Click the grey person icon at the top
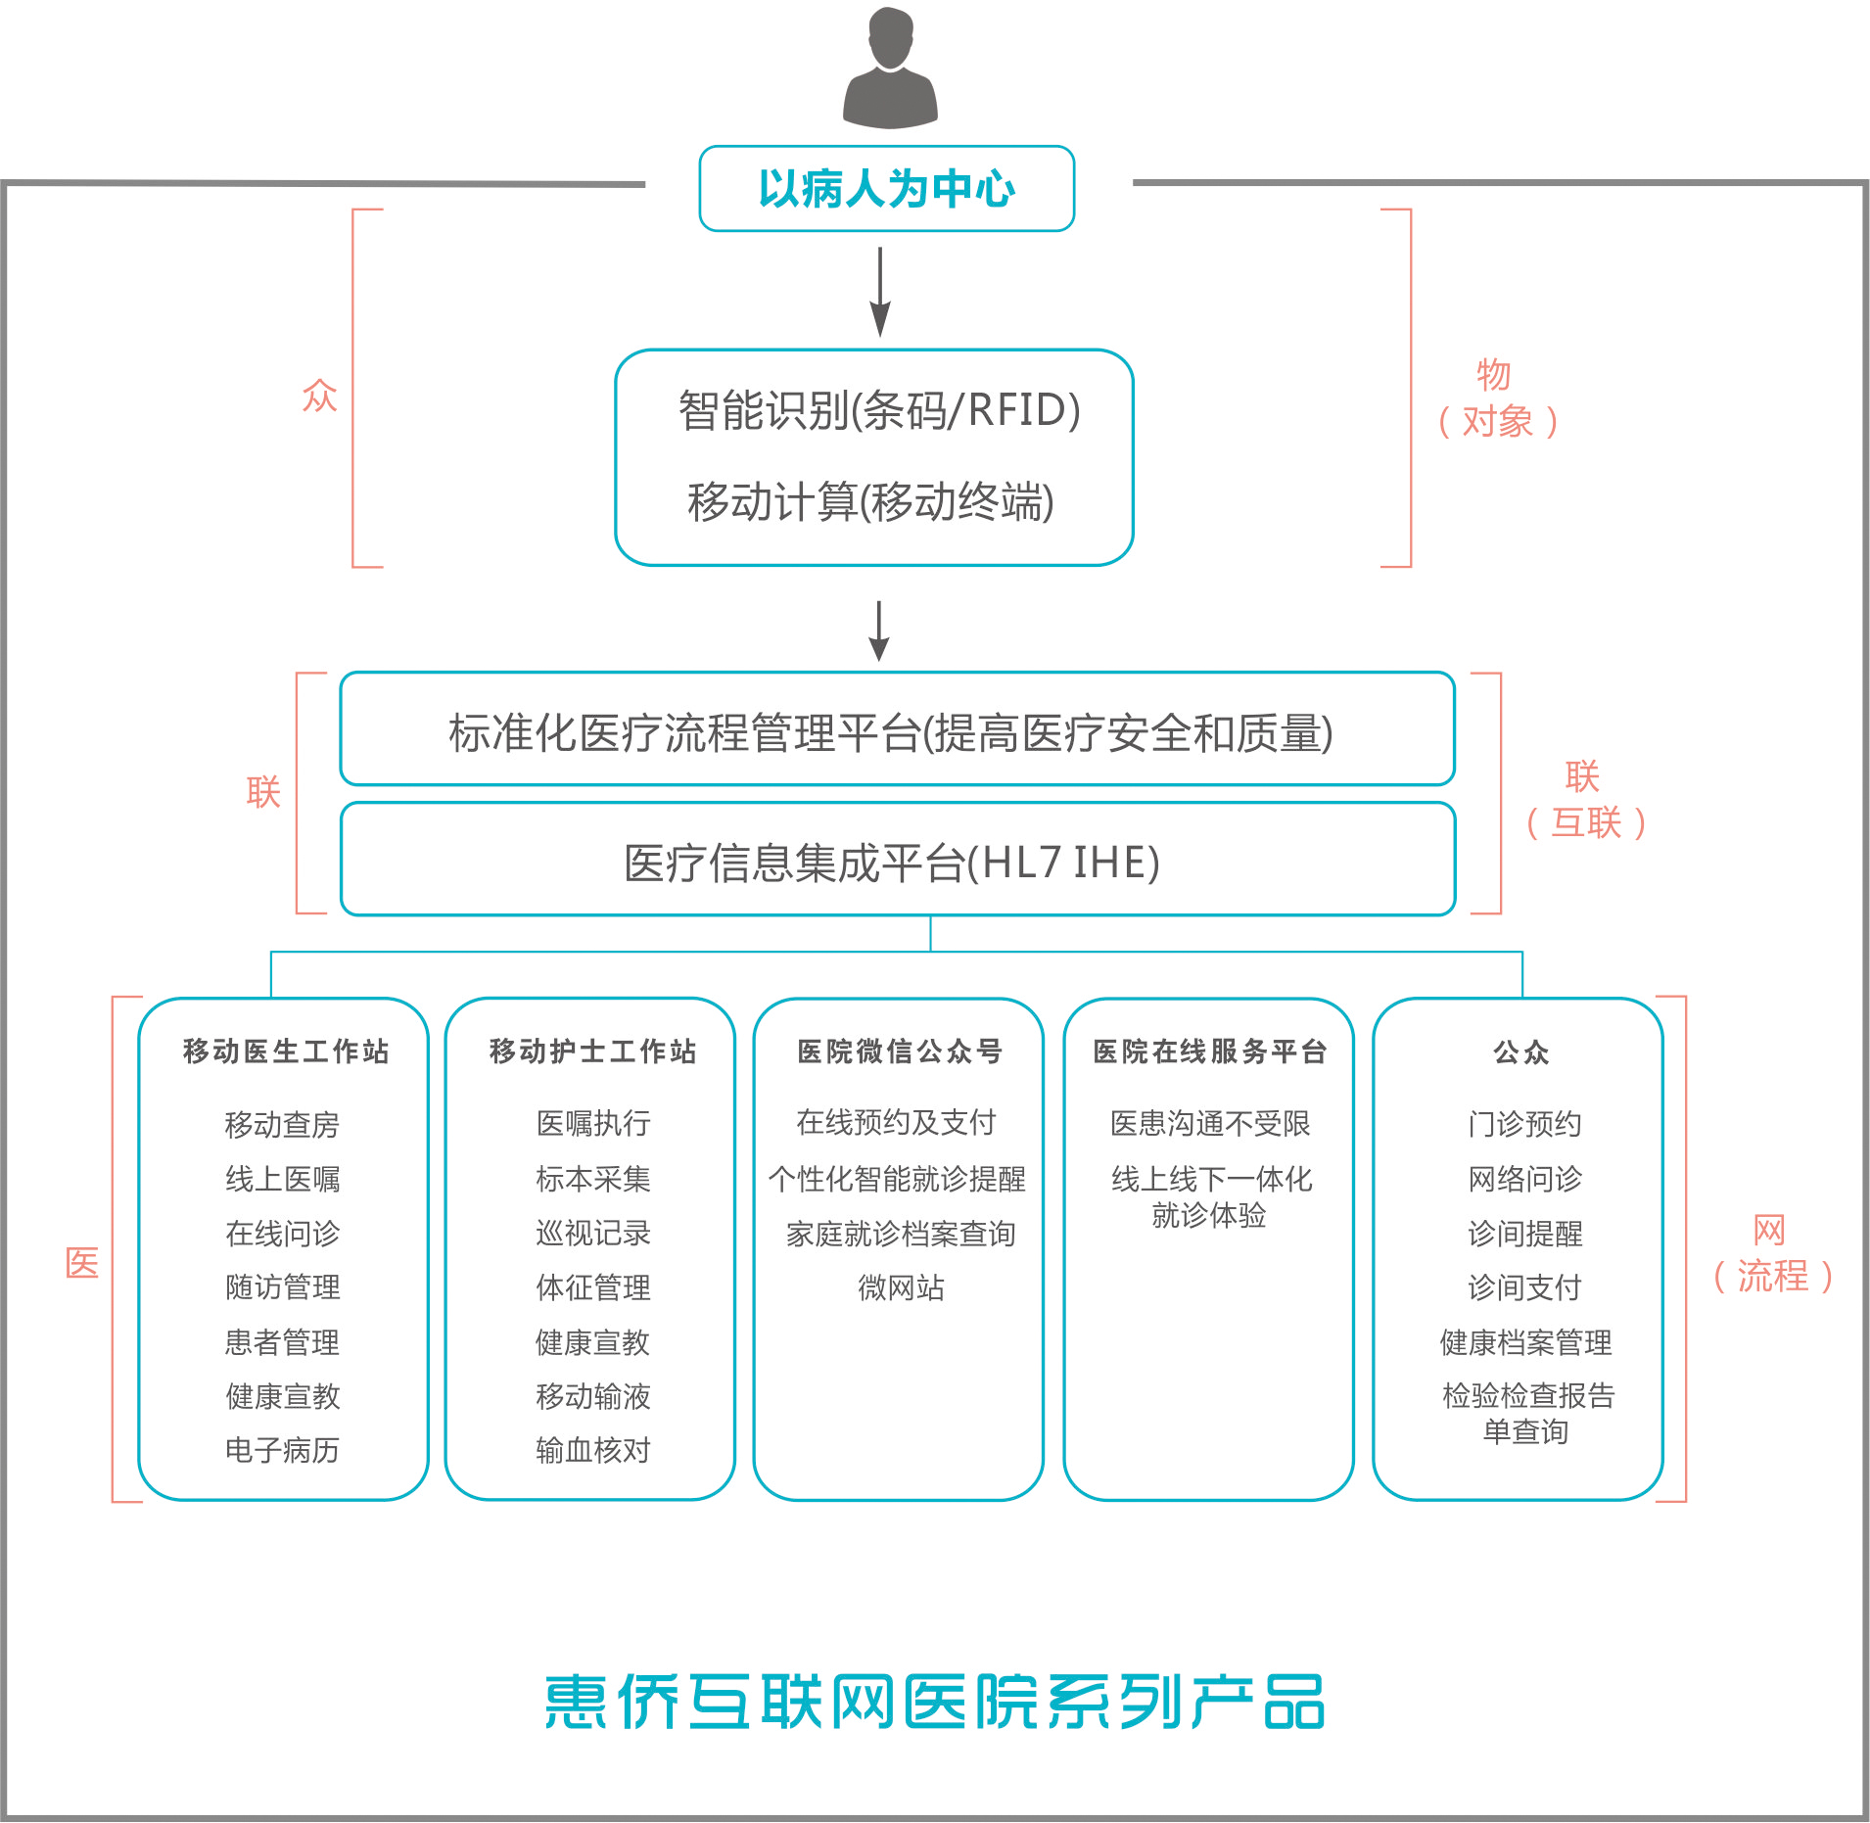tap(890, 69)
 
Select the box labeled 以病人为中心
tap(886, 189)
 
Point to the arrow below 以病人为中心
tap(880, 292)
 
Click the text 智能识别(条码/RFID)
tap(878, 410)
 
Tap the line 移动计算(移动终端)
tap(870, 502)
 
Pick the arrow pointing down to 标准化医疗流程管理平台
tap(879, 631)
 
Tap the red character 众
tap(319, 396)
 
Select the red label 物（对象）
tap(1496, 398)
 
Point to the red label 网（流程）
tap(1771, 1253)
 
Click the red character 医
tap(82, 1263)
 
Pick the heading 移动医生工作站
tap(286, 1052)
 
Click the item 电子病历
tap(282, 1450)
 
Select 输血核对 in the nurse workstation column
tap(592, 1450)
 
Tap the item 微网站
tap(901, 1287)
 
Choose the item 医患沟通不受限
tap(1209, 1123)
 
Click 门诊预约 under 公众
tap(1524, 1124)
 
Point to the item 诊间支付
tap(1524, 1287)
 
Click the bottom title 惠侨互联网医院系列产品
tap(935, 1702)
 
